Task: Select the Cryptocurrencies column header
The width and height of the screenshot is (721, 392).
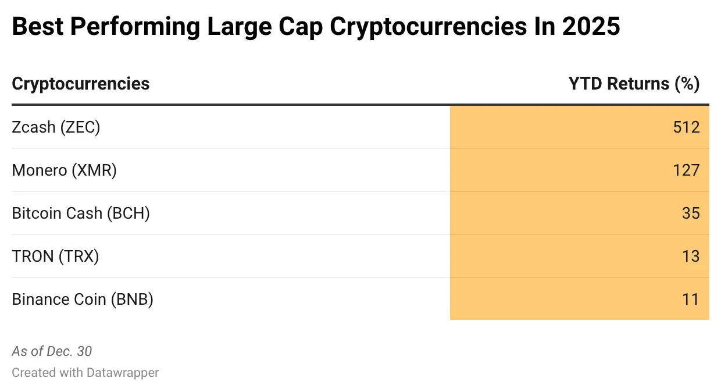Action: [x=81, y=84]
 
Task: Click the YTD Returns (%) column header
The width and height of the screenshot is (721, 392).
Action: [x=634, y=84]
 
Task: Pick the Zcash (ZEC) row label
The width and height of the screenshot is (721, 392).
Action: [x=56, y=127]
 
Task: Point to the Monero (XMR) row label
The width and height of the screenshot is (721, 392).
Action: [x=64, y=170]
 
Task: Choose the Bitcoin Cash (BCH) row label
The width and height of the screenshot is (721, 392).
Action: [x=81, y=213]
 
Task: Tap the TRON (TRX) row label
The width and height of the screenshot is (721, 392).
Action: [x=55, y=256]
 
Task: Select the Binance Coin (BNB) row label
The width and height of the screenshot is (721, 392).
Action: [x=83, y=299]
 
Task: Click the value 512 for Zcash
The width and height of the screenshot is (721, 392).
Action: [x=686, y=127]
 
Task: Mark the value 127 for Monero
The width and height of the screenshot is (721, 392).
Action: [x=686, y=170]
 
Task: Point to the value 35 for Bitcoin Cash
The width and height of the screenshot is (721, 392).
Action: [x=691, y=213]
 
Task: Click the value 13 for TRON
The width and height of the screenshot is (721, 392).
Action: [x=691, y=256]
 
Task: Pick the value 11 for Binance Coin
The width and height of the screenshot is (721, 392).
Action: [x=691, y=299]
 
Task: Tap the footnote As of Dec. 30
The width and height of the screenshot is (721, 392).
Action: [x=52, y=351]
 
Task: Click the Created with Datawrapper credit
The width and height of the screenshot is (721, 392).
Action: [x=85, y=372]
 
